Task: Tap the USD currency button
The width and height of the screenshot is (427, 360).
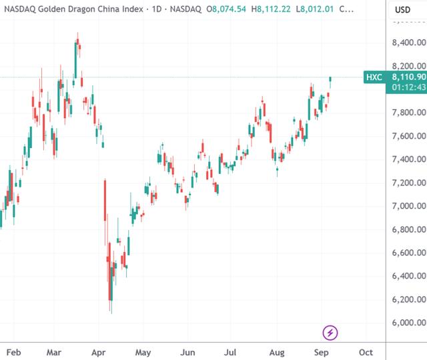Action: (x=402, y=10)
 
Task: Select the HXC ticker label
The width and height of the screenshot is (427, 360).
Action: (x=374, y=77)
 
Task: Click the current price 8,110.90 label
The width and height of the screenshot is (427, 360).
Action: (x=408, y=77)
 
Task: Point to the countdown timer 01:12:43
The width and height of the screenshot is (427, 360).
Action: (x=409, y=87)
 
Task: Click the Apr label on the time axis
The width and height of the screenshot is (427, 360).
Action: (x=99, y=351)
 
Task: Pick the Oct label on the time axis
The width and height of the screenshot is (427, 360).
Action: (x=365, y=351)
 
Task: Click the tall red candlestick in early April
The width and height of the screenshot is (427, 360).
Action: (x=105, y=200)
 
